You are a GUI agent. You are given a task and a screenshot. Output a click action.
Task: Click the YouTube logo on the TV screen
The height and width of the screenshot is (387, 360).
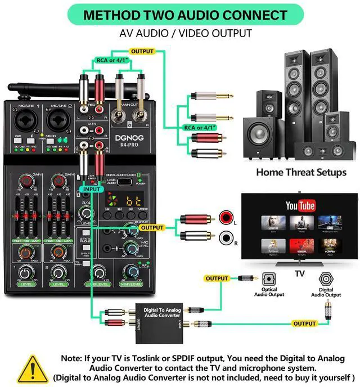click(x=299, y=206)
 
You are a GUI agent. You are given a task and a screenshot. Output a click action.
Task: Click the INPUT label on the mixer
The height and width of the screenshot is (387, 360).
click(x=93, y=189)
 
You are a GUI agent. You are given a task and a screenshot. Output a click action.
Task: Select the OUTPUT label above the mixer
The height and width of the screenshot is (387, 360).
click(x=142, y=51)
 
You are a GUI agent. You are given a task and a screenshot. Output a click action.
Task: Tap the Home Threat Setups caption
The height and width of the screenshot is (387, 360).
click(x=301, y=172)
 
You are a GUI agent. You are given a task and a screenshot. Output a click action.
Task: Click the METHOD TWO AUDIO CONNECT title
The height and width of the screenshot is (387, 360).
click(x=179, y=15)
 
